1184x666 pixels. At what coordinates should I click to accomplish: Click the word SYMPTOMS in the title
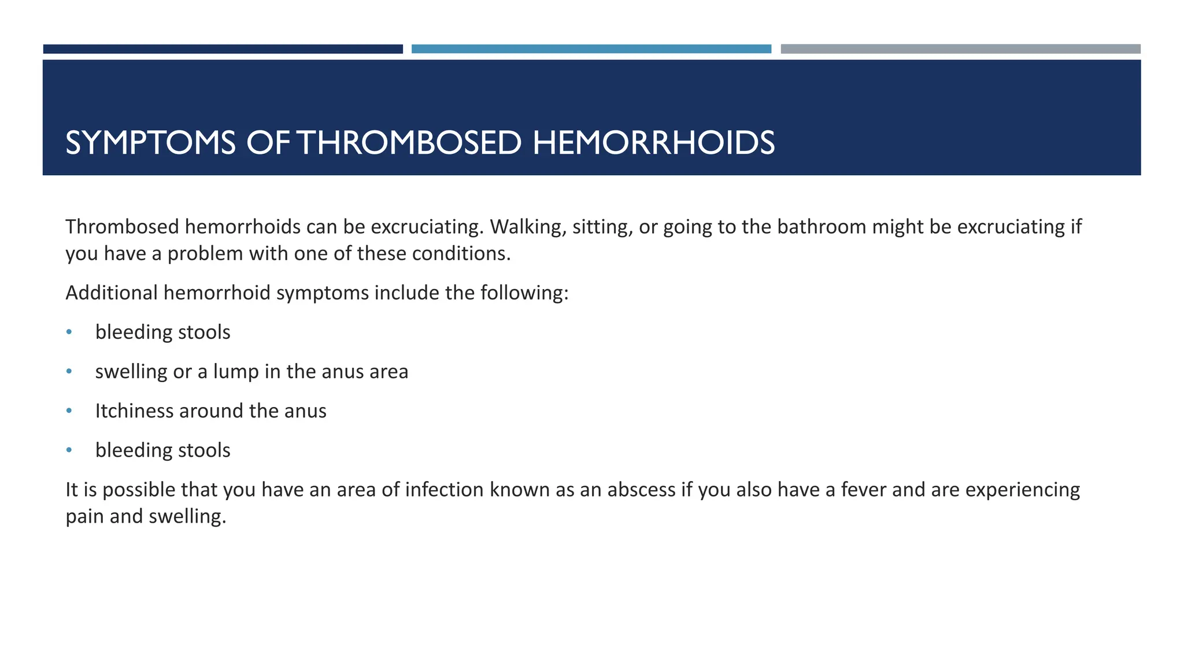click(150, 143)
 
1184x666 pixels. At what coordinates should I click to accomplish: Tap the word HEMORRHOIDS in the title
click(653, 143)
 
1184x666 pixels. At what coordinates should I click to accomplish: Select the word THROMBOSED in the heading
click(411, 143)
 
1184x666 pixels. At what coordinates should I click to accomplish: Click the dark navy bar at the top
click(223, 49)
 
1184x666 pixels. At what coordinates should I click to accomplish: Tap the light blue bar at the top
click(591, 49)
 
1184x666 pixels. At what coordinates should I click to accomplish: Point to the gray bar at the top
click(960, 49)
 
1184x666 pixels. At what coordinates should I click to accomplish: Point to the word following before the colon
click(524, 293)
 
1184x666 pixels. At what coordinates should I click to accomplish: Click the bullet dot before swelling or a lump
click(69, 371)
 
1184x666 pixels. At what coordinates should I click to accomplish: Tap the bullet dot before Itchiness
click(69, 410)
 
